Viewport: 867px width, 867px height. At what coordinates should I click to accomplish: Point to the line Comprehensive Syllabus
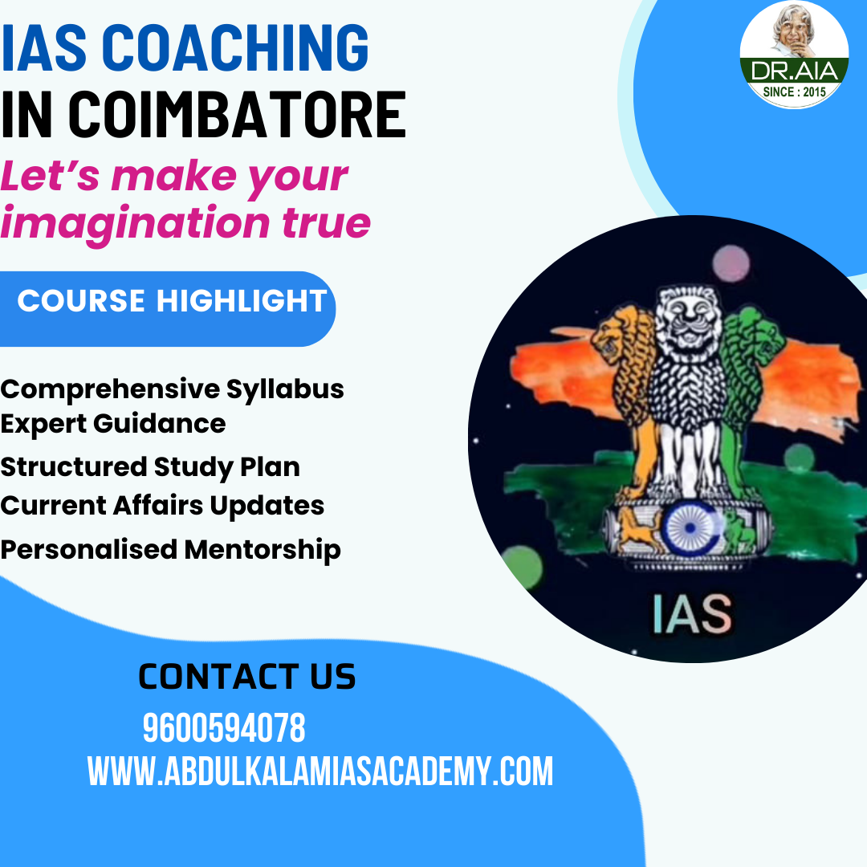click(172, 389)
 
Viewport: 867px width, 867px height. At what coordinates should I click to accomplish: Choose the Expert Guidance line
click(112, 423)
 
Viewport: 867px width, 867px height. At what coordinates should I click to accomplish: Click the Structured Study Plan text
click(150, 466)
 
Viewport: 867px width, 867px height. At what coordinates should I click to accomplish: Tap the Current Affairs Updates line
click(162, 506)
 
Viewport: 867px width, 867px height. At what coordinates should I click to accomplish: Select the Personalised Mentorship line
click(170, 550)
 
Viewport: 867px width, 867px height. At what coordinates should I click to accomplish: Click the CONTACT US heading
click(246, 677)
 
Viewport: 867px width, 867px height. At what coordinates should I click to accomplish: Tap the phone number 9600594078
click(224, 729)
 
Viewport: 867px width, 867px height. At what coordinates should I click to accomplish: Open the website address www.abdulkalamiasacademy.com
click(320, 771)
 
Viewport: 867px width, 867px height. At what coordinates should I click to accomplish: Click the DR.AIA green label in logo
click(794, 71)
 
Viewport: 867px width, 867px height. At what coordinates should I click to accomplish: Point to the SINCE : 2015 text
click(794, 91)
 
